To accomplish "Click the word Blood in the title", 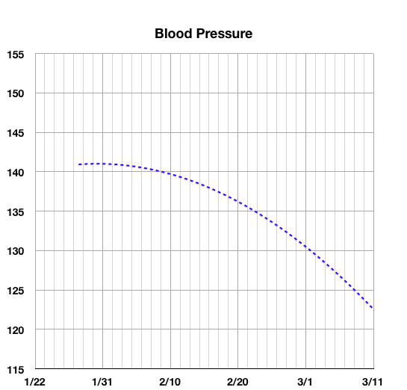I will click(173, 34).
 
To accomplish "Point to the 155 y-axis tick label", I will click(16, 55).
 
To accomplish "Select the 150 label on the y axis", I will click(16, 93).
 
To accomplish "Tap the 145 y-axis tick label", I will click(16, 133).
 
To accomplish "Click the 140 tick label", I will click(16, 173).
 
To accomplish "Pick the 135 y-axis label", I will click(16, 212).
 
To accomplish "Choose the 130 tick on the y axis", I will click(16, 251).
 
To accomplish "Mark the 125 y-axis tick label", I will click(16, 291).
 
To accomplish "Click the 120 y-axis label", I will click(16, 330).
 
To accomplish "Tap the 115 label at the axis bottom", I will click(16, 369).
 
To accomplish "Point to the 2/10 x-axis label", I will click(170, 382).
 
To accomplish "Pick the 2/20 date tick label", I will click(237, 382).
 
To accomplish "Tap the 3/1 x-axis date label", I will click(305, 382).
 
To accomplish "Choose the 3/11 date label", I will click(373, 382).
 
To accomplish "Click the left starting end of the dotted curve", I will click(79, 164).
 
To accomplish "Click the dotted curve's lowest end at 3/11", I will click(373, 308).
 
